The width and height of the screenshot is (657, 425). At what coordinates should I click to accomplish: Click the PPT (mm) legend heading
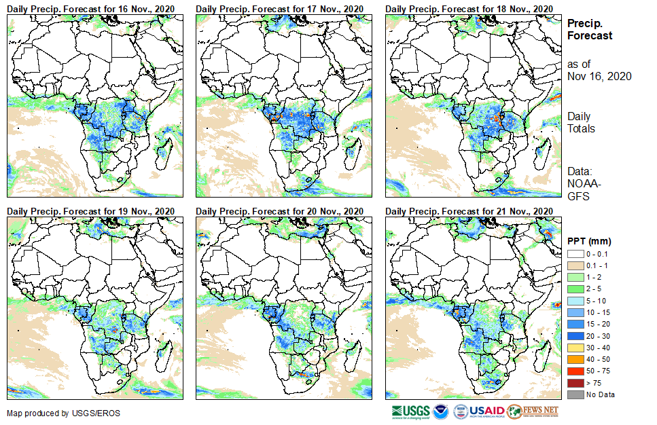(589, 240)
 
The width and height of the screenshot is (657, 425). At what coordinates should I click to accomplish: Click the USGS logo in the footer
(410, 411)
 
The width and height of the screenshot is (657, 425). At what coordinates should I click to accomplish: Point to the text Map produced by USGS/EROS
(54, 413)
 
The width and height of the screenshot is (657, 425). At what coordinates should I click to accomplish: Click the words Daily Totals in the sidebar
(581, 122)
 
